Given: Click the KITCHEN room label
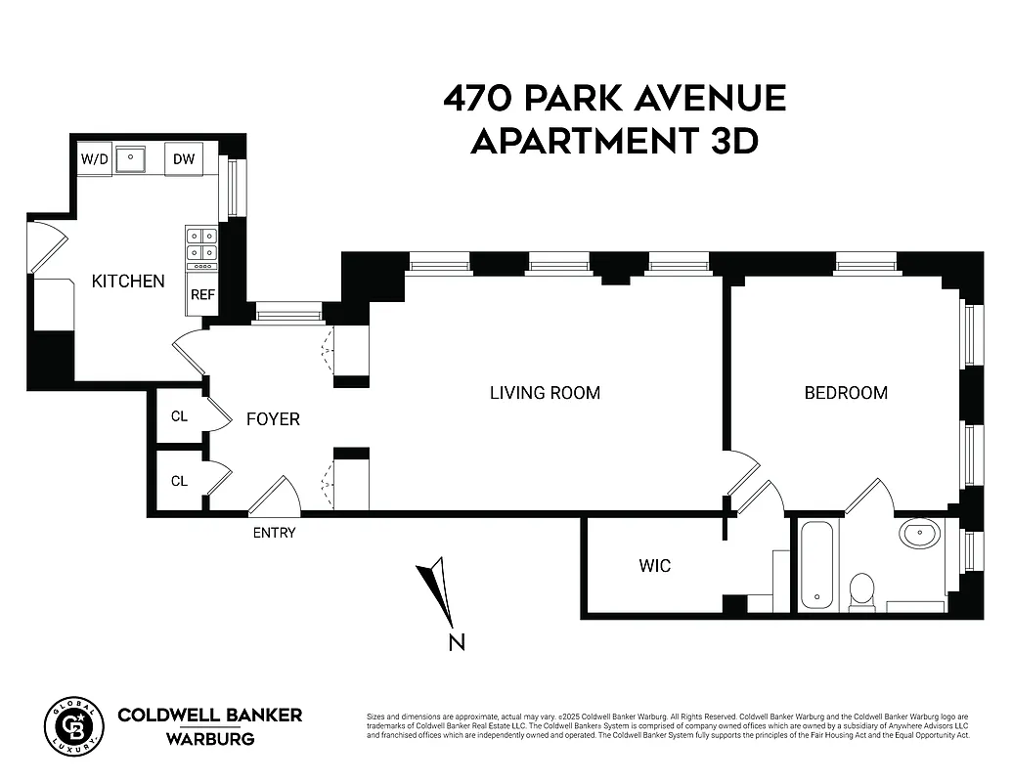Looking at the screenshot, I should (x=128, y=282).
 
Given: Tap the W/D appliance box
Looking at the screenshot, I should (x=95, y=158).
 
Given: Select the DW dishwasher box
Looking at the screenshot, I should (x=183, y=159).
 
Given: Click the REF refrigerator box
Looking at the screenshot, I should (x=202, y=294).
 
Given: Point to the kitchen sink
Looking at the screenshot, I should (x=130, y=158).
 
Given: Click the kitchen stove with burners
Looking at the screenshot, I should (x=202, y=247).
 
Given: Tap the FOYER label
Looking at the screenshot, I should (x=273, y=419).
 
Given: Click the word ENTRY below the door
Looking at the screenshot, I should (x=274, y=533).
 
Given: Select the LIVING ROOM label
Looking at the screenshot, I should (x=545, y=393).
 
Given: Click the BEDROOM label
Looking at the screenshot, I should (x=846, y=393).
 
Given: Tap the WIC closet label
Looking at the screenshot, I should (x=654, y=566).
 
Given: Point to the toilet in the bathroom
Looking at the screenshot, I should (x=861, y=590).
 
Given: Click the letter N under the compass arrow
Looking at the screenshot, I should (x=456, y=642).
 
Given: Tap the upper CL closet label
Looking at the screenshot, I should (x=179, y=415).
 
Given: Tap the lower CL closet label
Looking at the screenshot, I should (x=179, y=481).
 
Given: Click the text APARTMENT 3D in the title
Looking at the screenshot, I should (x=614, y=142).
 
